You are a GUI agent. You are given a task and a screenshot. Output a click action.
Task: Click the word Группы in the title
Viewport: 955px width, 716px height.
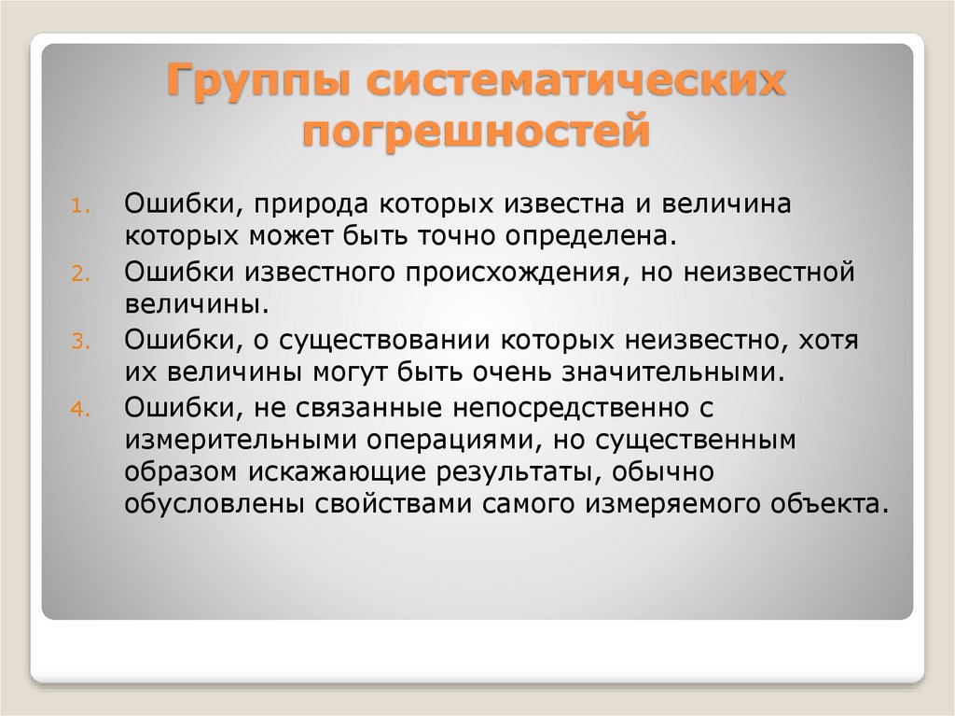point(259,80)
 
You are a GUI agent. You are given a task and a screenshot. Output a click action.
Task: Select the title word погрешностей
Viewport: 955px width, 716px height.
point(477,131)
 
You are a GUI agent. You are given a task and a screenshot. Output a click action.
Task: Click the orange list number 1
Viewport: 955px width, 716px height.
point(80,205)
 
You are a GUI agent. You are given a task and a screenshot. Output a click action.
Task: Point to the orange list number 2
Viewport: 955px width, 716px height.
point(80,274)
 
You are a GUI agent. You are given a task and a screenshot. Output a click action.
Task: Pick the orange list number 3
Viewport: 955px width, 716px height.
point(80,342)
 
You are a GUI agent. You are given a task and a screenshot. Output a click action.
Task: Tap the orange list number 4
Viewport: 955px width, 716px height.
point(80,409)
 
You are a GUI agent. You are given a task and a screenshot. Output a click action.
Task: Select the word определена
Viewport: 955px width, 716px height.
point(590,236)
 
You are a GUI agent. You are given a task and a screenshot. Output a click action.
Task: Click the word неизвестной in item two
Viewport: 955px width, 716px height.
point(768,272)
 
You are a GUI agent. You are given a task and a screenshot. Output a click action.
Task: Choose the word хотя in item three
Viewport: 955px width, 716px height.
point(828,341)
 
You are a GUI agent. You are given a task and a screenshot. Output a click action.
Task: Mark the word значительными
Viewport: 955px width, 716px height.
point(673,372)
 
